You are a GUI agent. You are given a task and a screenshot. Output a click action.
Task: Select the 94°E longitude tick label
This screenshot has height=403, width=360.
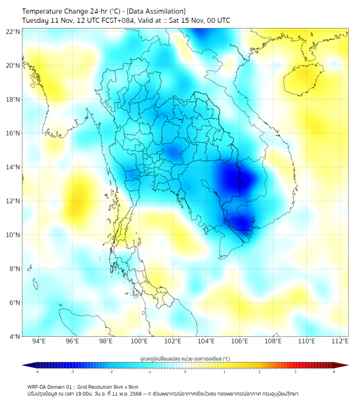tap(39, 341)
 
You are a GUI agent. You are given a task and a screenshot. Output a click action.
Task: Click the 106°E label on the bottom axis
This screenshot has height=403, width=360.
tap(240, 341)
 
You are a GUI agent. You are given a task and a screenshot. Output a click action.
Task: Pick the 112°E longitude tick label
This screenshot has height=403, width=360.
tap(340, 341)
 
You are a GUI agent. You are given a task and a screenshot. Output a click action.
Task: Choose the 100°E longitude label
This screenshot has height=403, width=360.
tap(139, 341)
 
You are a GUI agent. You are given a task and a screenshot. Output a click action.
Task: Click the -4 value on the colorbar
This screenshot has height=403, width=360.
tap(37, 372)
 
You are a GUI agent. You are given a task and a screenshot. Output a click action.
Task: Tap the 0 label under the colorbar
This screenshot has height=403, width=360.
tap(185, 372)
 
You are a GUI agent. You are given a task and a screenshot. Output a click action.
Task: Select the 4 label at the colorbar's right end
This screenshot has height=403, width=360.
tap(333, 372)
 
